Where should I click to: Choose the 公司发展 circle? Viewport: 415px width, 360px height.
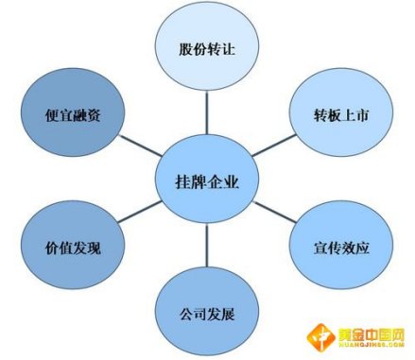pyautogui.click(x=207, y=311)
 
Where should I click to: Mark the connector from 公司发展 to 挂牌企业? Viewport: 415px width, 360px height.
pyautogui.click(x=207, y=248)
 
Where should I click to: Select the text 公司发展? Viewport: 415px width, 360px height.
pyautogui.click(x=207, y=311)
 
